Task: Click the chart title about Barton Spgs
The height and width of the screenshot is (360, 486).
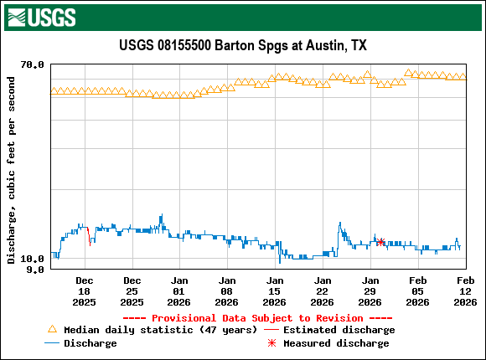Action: [x=243, y=45]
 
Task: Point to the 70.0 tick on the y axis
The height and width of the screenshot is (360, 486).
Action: [x=33, y=64]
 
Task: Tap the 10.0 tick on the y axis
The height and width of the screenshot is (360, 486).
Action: [x=33, y=259]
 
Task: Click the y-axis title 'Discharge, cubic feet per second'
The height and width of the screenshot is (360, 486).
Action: [x=11, y=170]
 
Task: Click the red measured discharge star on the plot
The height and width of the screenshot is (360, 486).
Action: [x=380, y=242]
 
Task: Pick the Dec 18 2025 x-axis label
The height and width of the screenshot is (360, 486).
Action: [x=85, y=291]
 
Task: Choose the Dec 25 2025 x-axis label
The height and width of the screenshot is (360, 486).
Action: [x=132, y=291]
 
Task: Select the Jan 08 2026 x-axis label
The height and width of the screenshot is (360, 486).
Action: [x=227, y=291]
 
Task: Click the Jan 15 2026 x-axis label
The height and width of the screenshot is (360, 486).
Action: [x=275, y=291]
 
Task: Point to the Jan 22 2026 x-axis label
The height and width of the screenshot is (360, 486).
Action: [x=323, y=291]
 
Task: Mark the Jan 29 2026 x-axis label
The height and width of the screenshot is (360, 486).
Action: [x=370, y=291]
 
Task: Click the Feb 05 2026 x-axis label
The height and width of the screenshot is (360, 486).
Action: [x=418, y=291]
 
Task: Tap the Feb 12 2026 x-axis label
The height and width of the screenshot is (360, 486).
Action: [x=465, y=291]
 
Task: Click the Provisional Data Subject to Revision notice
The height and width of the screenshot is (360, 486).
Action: [x=257, y=318]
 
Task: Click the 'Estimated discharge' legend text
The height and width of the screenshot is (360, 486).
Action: [x=339, y=330]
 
